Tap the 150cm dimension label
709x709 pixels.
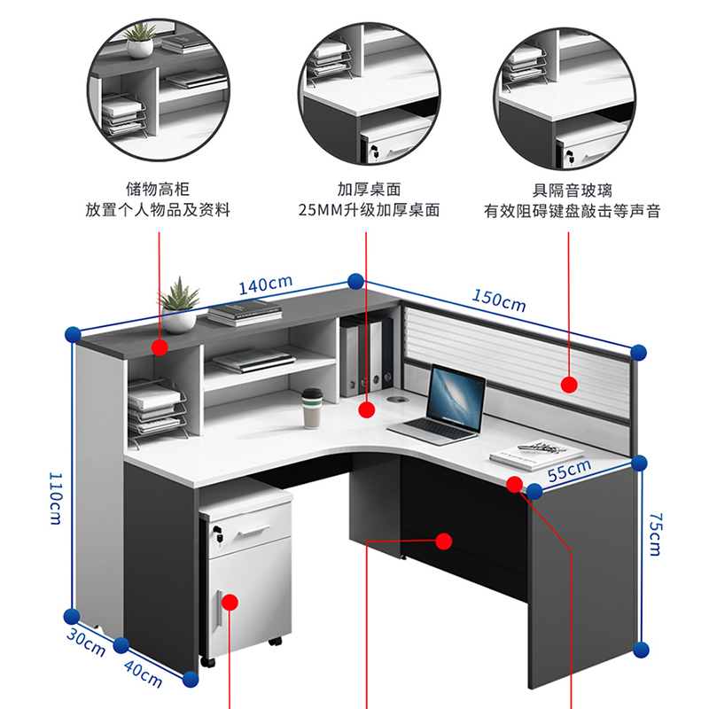tap(498, 301)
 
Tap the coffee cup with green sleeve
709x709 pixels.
tap(311, 409)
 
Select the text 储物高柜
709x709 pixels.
tap(158, 190)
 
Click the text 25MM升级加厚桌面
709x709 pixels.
tap(369, 211)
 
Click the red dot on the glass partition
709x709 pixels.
tap(569, 385)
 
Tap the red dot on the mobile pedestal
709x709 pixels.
tap(230, 603)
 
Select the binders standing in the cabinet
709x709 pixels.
tap(365, 355)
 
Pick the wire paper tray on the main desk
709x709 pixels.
tap(156, 411)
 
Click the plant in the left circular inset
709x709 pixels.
tap(139, 40)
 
